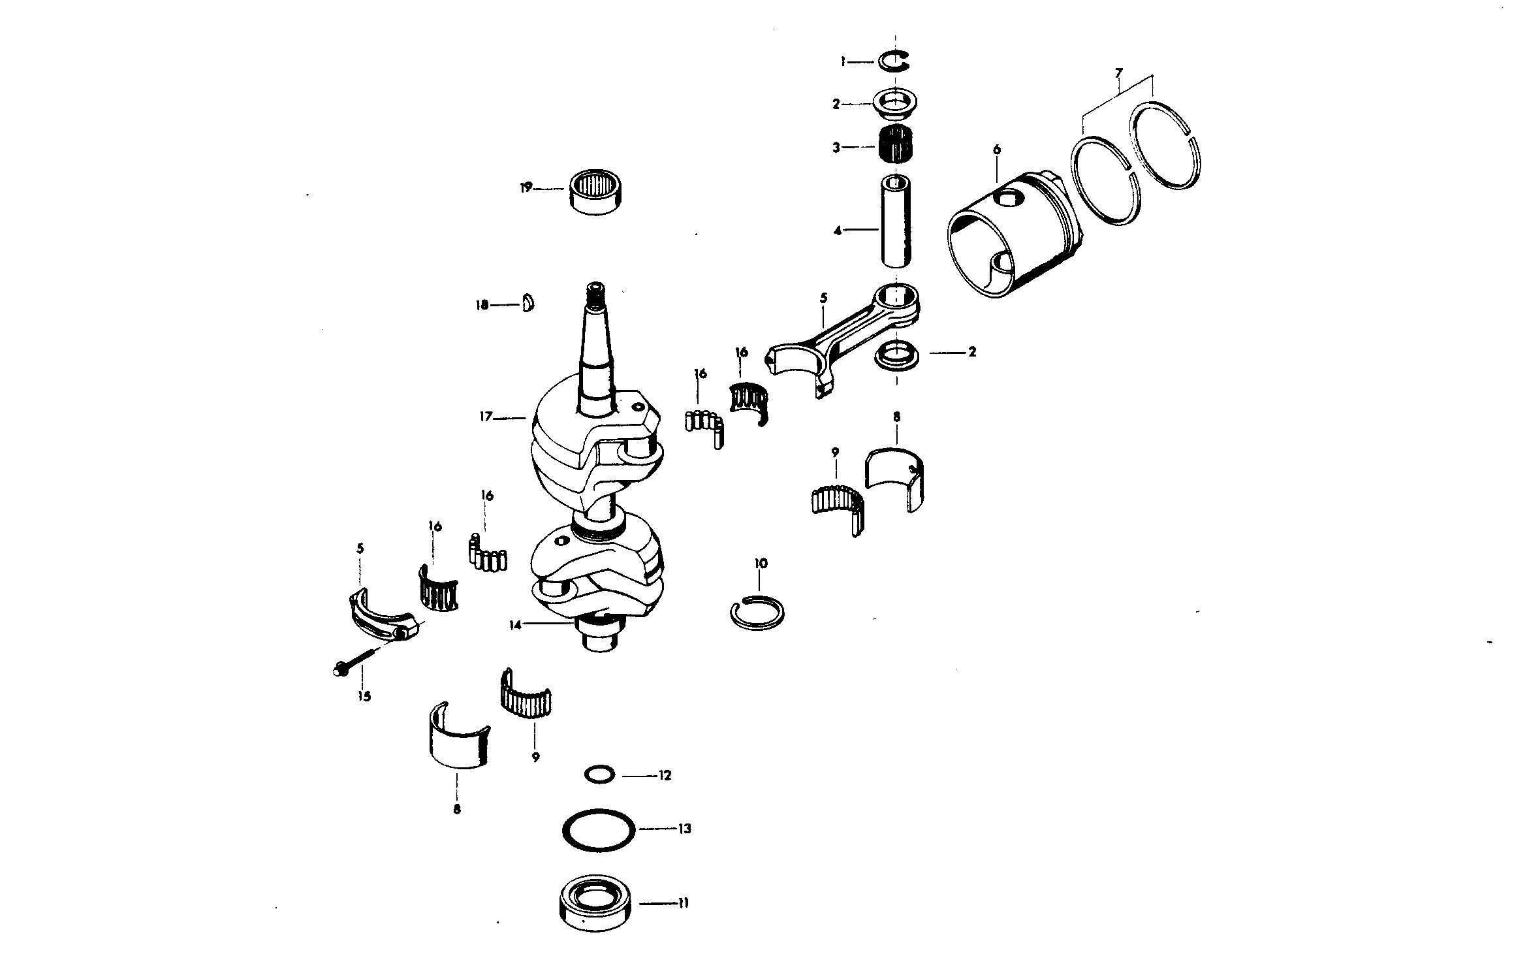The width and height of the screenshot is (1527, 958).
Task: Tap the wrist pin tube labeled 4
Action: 897,220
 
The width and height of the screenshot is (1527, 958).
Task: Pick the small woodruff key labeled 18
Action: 529,304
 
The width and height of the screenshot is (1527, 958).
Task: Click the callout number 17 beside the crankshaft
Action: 486,416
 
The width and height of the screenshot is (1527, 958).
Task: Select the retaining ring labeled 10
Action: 757,614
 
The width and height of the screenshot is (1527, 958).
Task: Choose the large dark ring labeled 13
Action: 599,830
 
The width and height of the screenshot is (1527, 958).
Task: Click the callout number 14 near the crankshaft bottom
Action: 516,625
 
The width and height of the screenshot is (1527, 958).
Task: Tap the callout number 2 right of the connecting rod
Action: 972,352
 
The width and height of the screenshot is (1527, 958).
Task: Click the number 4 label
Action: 838,229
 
